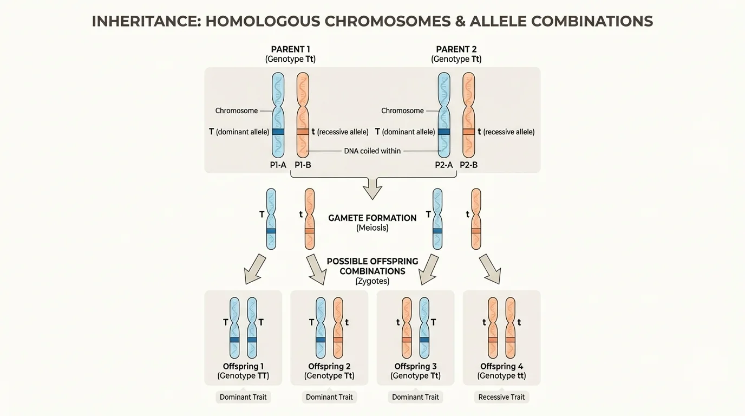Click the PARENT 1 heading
pos(290,49)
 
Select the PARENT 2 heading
pos(456,49)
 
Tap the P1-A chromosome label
pos(278,165)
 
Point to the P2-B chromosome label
pos(468,165)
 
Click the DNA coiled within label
pos(372,151)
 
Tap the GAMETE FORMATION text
pos(372,218)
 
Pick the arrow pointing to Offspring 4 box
pos(491,269)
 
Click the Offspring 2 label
pos(329,366)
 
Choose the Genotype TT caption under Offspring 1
pos(243,376)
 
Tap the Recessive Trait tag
pos(501,397)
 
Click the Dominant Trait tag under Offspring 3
pos(415,397)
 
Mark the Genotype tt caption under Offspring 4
pos(501,376)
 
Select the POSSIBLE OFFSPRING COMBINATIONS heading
pos(372,266)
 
